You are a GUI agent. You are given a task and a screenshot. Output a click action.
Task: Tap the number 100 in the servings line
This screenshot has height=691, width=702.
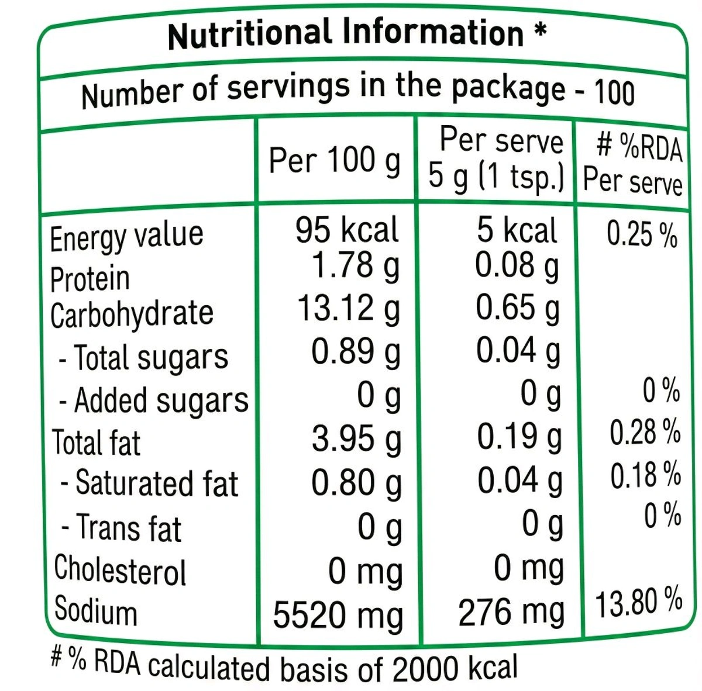coord(614,92)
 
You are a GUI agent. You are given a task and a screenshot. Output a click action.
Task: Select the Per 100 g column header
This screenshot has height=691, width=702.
coord(335,160)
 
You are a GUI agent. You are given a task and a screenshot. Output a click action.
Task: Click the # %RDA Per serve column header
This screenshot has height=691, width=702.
coord(634,164)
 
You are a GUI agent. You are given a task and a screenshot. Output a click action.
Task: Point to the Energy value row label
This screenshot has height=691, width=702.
coord(126,237)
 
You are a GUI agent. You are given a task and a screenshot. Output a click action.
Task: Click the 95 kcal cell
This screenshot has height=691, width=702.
coord(346,229)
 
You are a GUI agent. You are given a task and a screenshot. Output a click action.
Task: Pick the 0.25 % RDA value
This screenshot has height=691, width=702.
coord(642,234)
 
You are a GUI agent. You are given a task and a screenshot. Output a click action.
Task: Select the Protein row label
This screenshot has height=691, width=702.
coord(90,278)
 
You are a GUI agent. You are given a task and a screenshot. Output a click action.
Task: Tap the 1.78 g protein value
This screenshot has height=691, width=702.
coord(355,266)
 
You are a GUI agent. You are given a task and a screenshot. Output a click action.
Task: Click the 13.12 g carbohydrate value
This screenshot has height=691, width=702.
coord(349,309)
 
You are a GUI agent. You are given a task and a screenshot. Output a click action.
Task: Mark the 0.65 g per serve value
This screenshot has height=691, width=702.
coord(517,309)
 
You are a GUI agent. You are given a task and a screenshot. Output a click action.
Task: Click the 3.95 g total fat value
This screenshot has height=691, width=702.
coord(356,438)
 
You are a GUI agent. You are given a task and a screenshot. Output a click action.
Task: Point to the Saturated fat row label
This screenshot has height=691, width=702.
coord(150,483)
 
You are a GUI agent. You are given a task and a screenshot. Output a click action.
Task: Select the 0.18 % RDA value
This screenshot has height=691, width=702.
coord(645,475)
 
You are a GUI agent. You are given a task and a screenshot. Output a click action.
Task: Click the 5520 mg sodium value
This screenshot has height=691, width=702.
coord(338,615)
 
